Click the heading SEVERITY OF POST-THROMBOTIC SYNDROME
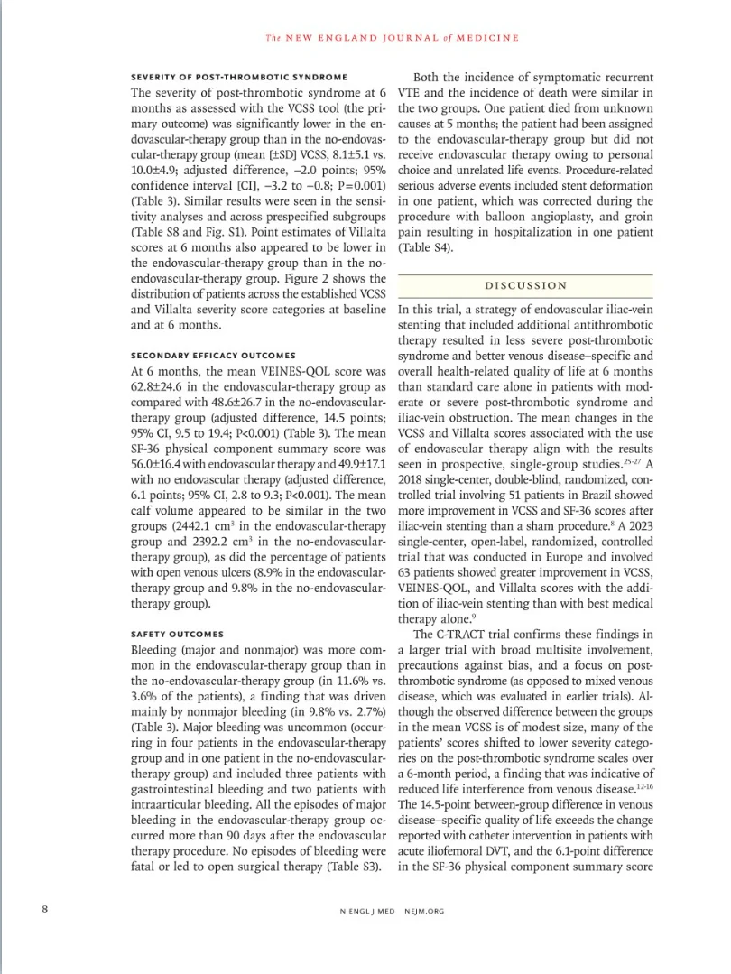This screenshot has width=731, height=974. tap(238, 75)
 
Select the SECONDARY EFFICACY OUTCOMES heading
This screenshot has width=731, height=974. tap(213, 354)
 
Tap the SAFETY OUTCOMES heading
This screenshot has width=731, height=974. tap(178, 634)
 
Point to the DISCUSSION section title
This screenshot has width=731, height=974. tap(526, 285)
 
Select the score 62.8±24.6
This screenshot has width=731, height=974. tap(161, 389)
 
